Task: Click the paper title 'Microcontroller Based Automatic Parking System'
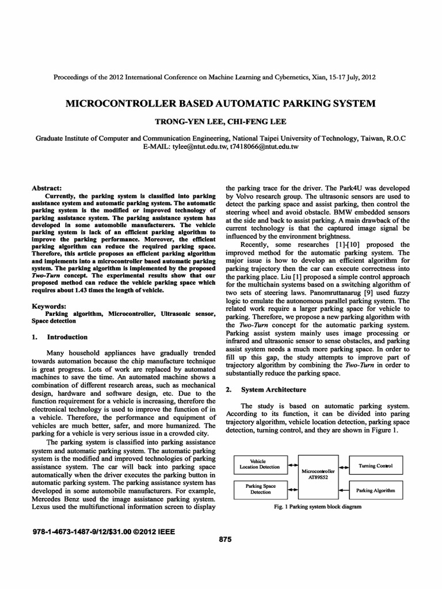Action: coord(222,104)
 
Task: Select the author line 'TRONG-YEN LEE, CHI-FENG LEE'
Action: coord(221,121)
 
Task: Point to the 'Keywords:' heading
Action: coord(49,307)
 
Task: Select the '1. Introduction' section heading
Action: coord(60,337)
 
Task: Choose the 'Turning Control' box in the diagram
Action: coord(375,465)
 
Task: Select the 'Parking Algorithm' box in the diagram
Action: coord(375,490)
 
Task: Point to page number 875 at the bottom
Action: coord(226,539)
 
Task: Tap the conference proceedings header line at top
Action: coord(215,77)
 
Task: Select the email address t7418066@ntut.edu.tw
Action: coord(264,147)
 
